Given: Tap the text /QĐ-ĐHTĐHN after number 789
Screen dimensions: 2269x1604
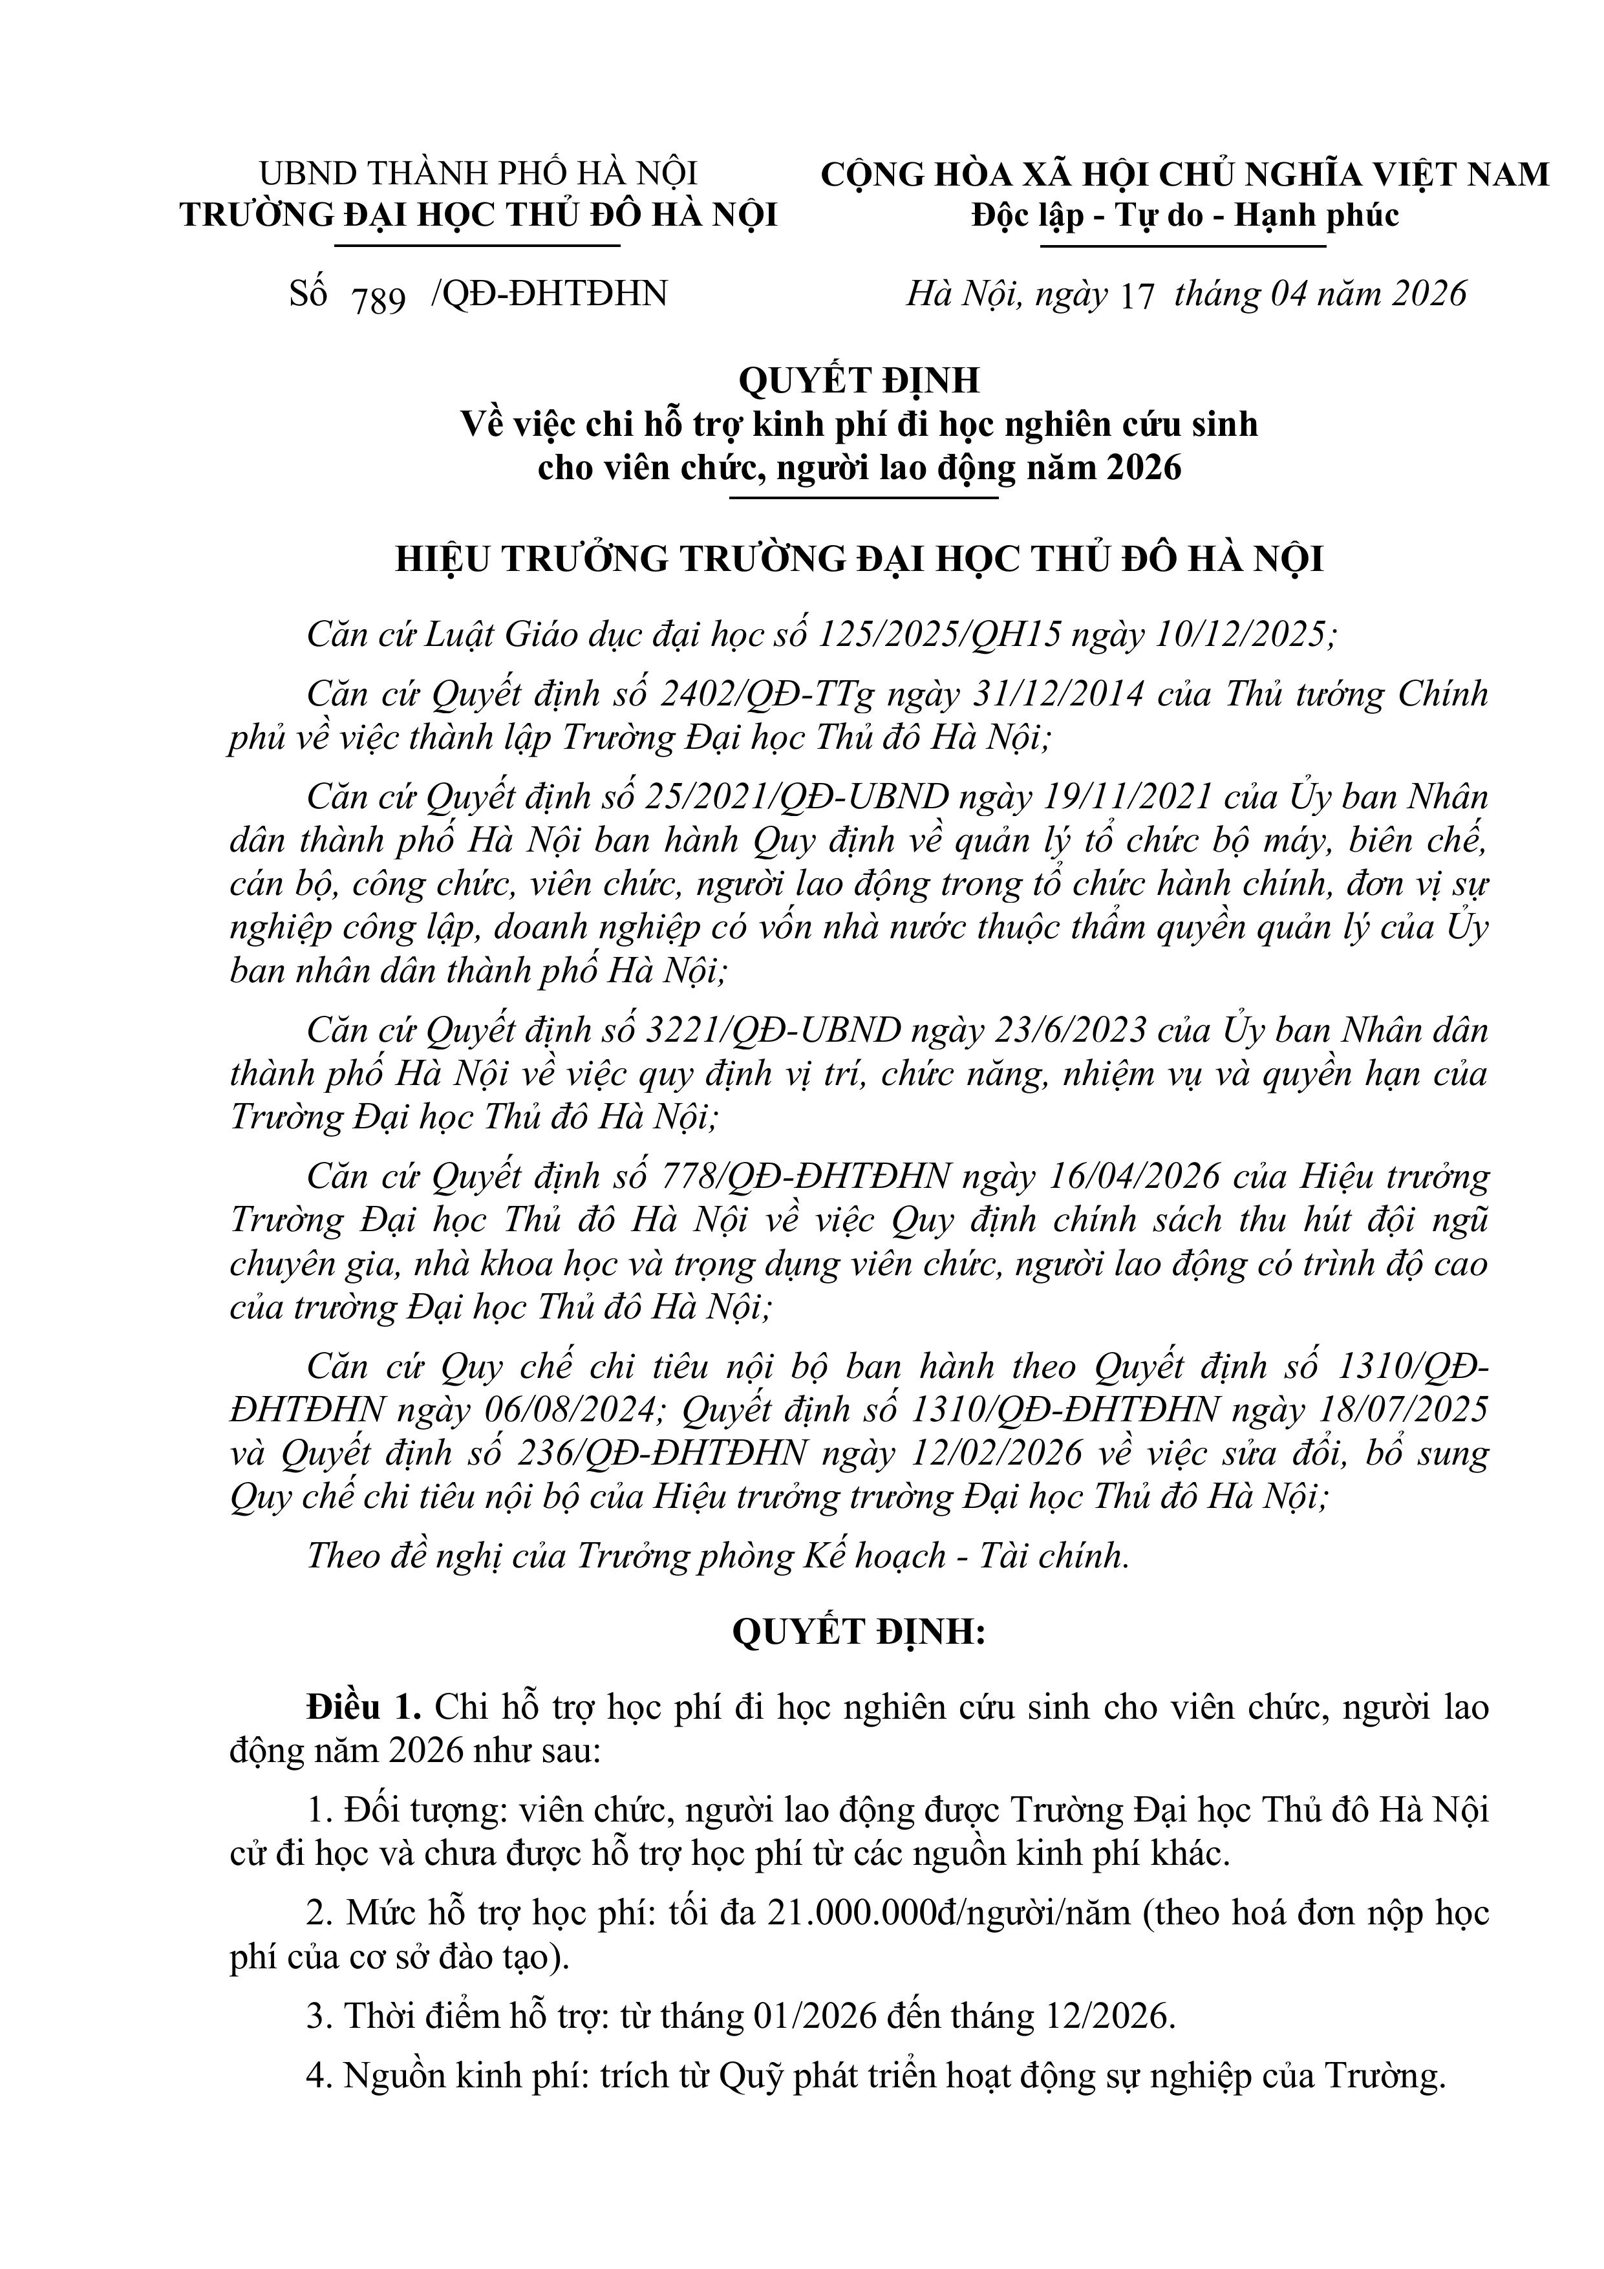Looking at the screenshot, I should pos(548,294).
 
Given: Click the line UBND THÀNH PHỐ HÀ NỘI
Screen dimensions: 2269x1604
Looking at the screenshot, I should pos(478,174).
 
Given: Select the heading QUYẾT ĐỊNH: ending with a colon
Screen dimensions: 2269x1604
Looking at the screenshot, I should pos(859,1631).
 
